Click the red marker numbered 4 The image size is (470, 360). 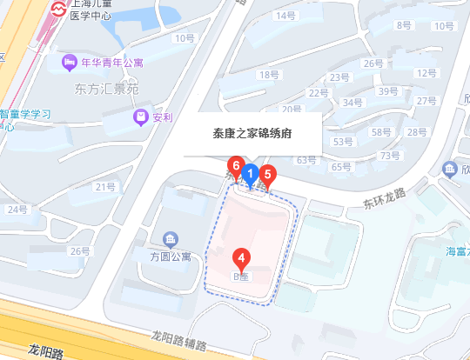pyautogui.click(x=243, y=257)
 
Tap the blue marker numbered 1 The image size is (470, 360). pyautogui.click(x=250, y=174)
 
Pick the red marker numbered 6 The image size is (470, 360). pyautogui.click(x=234, y=164)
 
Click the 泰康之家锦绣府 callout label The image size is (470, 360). pyautogui.click(x=252, y=135)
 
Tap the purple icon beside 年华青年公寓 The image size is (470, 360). pyautogui.click(x=68, y=62)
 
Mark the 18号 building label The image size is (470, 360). pyautogui.click(x=267, y=75)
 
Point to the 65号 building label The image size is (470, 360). pyautogui.click(x=340, y=166)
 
